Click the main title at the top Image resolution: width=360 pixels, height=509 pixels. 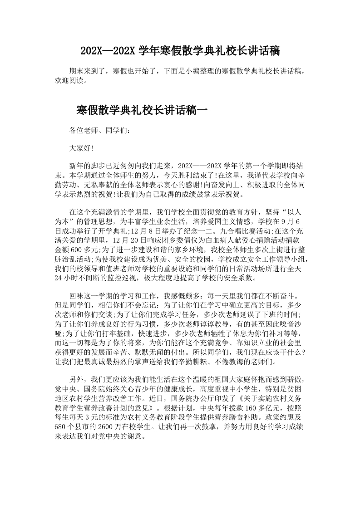[180, 51]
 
